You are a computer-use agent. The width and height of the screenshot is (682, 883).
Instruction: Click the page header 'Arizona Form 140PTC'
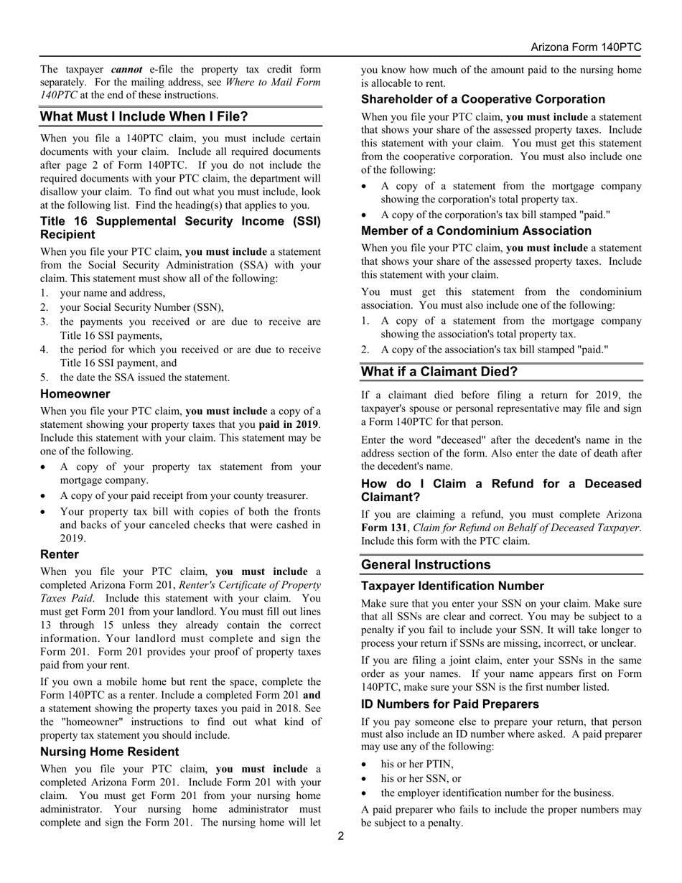click(586, 47)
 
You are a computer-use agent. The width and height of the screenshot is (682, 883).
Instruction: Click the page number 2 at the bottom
click(341, 836)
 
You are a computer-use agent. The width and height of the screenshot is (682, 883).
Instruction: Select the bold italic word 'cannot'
click(127, 70)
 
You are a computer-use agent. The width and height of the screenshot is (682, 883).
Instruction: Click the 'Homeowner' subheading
click(75, 394)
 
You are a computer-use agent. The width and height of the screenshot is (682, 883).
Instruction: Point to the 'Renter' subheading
click(60, 555)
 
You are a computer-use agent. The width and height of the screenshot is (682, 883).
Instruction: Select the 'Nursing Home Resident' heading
click(110, 752)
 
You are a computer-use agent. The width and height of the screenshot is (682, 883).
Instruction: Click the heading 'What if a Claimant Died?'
click(439, 372)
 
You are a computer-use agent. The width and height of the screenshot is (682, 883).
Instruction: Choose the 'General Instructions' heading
click(426, 565)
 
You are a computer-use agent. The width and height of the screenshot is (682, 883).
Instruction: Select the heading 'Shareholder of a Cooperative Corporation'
click(483, 99)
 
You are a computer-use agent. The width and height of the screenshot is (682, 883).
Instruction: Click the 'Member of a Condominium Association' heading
click(477, 231)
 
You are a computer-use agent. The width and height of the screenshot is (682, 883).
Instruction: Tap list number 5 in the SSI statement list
click(45, 378)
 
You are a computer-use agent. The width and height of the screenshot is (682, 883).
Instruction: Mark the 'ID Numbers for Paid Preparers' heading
click(450, 704)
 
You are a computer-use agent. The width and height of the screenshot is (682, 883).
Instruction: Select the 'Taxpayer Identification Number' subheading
click(452, 586)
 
